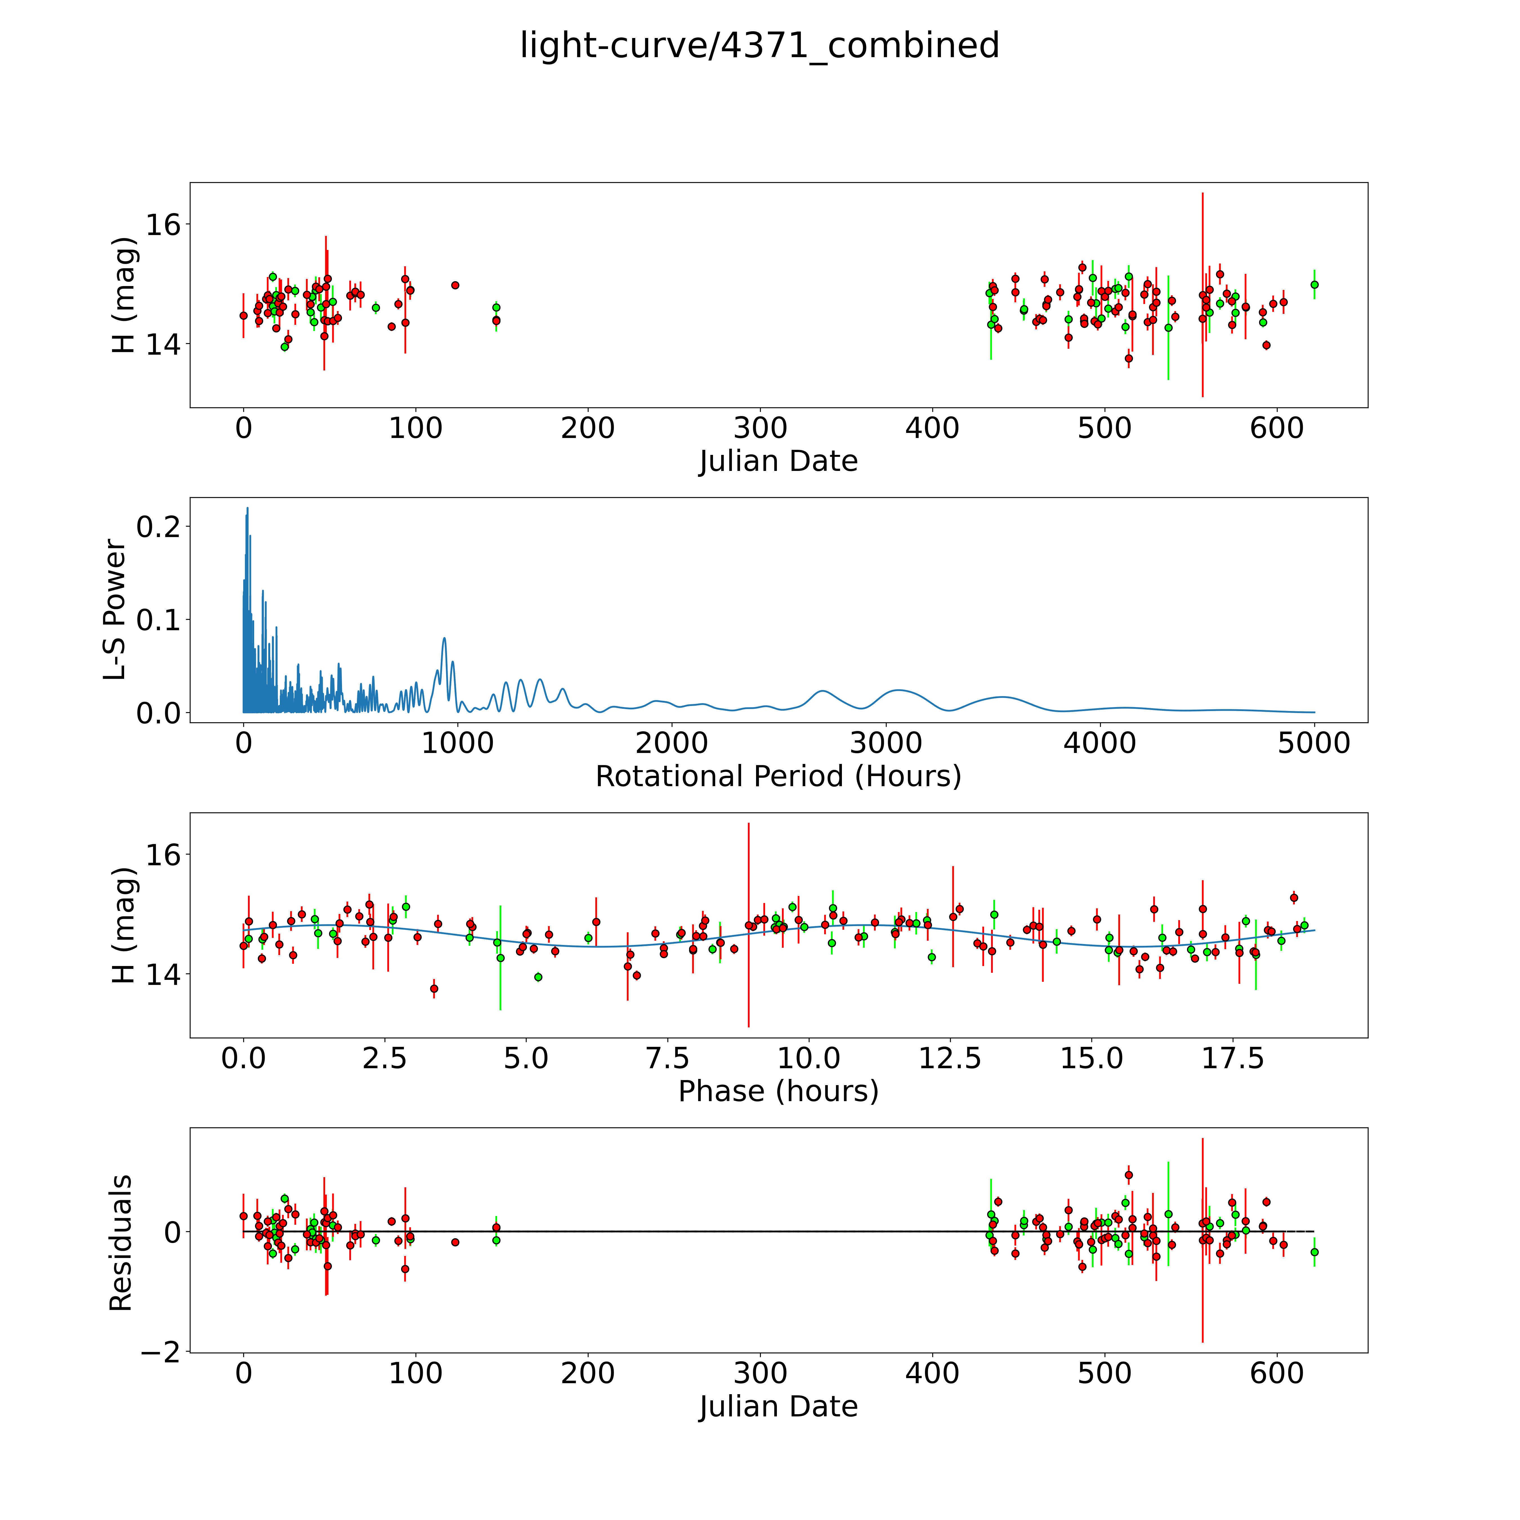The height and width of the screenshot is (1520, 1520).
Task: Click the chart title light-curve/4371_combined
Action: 759,46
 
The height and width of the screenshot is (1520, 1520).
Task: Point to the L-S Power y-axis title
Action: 115,610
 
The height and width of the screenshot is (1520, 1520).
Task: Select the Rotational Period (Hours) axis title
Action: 778,777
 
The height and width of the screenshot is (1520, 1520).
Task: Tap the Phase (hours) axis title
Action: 778,1091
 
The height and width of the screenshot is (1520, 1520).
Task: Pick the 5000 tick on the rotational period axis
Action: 1314,743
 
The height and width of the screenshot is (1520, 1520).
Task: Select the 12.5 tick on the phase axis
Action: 950,1058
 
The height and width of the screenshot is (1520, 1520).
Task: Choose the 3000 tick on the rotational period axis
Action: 886,743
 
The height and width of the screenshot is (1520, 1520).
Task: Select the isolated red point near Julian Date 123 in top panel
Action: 455,285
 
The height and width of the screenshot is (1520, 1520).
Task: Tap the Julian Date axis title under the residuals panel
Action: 778,1406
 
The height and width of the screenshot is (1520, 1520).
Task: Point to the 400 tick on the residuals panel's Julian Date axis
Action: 932,1373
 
